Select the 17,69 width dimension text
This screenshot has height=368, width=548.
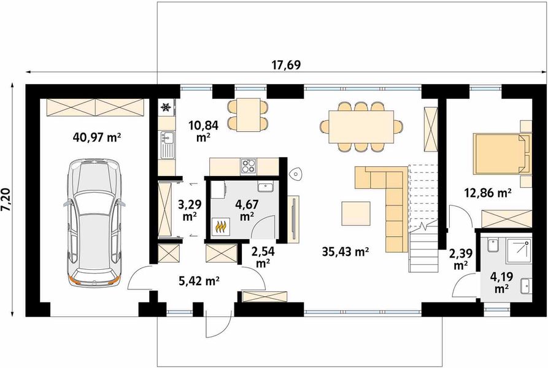pos(286,64)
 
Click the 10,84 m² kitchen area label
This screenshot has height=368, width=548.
pos(203,131)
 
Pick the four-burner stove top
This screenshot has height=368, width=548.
pos(248,166)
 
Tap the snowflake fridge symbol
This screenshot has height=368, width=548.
pos(165,107)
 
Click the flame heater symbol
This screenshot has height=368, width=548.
pos(220,227)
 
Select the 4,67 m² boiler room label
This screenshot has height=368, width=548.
pos(247,210)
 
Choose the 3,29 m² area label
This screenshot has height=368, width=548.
pos(190,210)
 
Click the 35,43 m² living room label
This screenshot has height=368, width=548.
pos(345,251)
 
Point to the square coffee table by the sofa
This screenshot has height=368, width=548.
pos(356,213)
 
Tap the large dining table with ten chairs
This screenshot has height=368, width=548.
pos(361,127)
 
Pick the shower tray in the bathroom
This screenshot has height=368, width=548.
pos(519,251)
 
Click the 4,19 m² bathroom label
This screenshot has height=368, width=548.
pos(502,283)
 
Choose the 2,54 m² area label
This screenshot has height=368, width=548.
pos(263,257)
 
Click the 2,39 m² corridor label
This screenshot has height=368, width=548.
pos(461,259)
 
